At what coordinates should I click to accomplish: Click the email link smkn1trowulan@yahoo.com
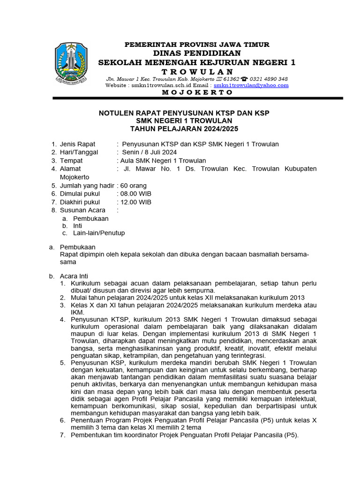click(251, 85)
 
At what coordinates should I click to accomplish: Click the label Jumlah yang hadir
click(87, 185)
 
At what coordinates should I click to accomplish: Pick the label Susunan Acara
click(82, 210)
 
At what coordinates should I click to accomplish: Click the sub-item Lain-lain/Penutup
click(99, 232)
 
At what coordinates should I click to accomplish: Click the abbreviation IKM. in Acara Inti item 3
click(77, 312)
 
